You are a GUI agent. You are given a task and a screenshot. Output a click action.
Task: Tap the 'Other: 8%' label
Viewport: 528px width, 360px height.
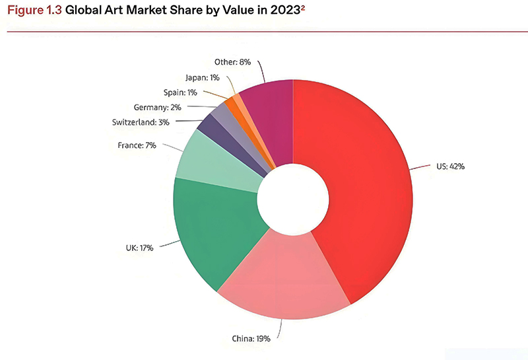(234, 62)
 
